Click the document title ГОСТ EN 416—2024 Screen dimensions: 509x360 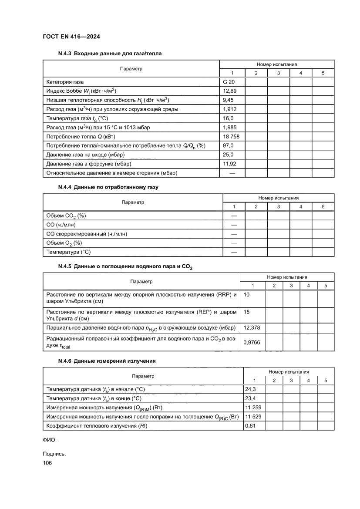pyautogui.click(x=72, y=37)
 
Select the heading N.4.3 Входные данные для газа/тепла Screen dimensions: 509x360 pyautogui.click(x=110, y=54)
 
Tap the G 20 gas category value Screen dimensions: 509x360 pyautogui.click(x=229, y=82)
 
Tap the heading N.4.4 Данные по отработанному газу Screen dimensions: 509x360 pyautogui.click(x=108, y=187)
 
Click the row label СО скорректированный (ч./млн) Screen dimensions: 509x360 pyautogui.click(x=87, y=234)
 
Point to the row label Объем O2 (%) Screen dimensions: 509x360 pyautogui.click(x=64, y=243)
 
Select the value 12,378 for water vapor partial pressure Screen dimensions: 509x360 pyautogui.click(x=251, y=327)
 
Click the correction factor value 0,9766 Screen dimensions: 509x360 pyautogui.click(x=251, y=343)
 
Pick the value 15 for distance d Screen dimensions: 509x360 pyautogui.click(x=247, y=312)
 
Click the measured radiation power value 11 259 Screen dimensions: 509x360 pyautogui.click(x=253, y=408)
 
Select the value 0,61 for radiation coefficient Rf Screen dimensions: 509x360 pyautogui.click(x=250, y=426)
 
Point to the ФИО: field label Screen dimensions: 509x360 pyautogui.click(x=50, y=440)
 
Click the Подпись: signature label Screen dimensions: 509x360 pyautogui.click(x=54, y=454)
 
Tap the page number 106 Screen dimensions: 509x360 pyautogui.click(x=47, y=463)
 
